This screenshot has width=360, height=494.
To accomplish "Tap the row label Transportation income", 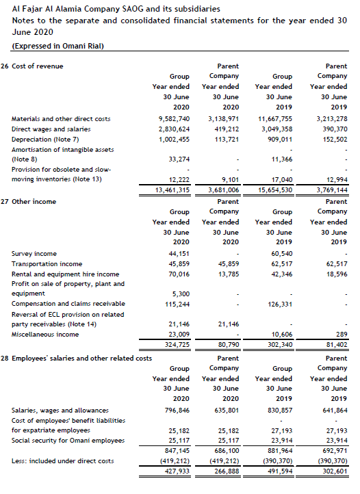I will pos(47,263).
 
